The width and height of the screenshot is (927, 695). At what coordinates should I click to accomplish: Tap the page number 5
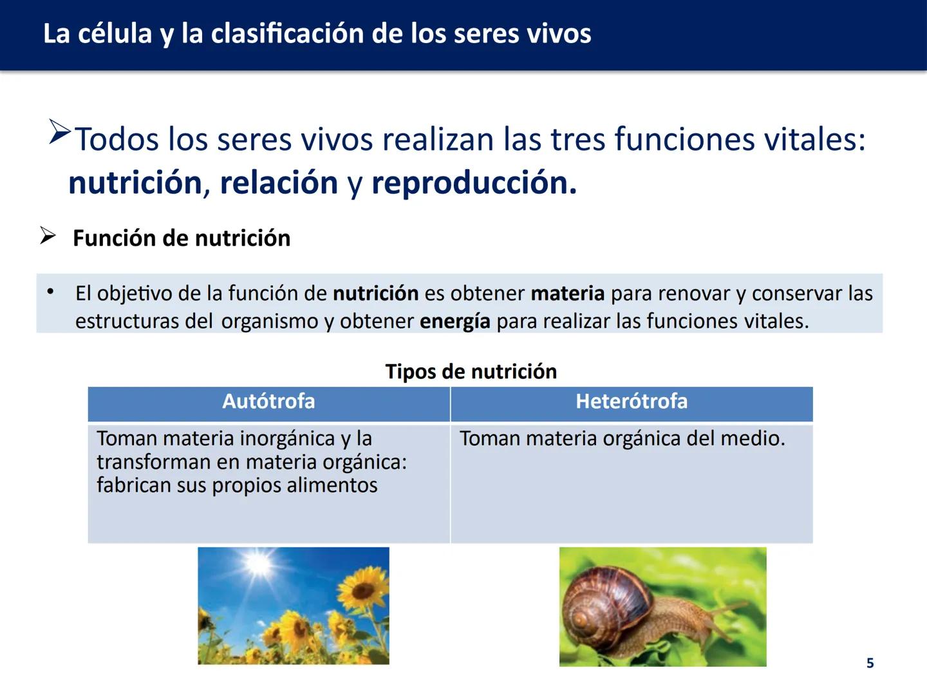[x=870, y=663]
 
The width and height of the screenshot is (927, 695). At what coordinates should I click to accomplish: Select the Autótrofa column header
[x=268, y=402]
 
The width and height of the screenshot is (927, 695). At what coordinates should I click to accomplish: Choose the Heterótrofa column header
[x=632, y=402]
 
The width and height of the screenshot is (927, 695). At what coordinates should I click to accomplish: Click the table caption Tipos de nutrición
[x=471, y=371]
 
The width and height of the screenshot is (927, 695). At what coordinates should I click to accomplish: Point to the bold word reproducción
[x=473, y=183]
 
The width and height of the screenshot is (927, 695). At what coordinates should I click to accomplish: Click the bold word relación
[x=278, y=183]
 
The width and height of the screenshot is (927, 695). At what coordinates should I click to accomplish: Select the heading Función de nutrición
[x=182, y=238]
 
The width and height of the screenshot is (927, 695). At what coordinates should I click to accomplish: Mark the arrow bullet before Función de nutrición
[x=48, y=236]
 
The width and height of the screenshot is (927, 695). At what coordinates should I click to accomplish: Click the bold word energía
[x=454, y=321]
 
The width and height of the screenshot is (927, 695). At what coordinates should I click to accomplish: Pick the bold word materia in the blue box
[x=567, y=293]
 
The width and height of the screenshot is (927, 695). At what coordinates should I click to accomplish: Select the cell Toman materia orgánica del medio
[x=622, y=439]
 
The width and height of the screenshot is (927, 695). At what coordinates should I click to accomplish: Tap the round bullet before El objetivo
[x=50, y=292]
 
